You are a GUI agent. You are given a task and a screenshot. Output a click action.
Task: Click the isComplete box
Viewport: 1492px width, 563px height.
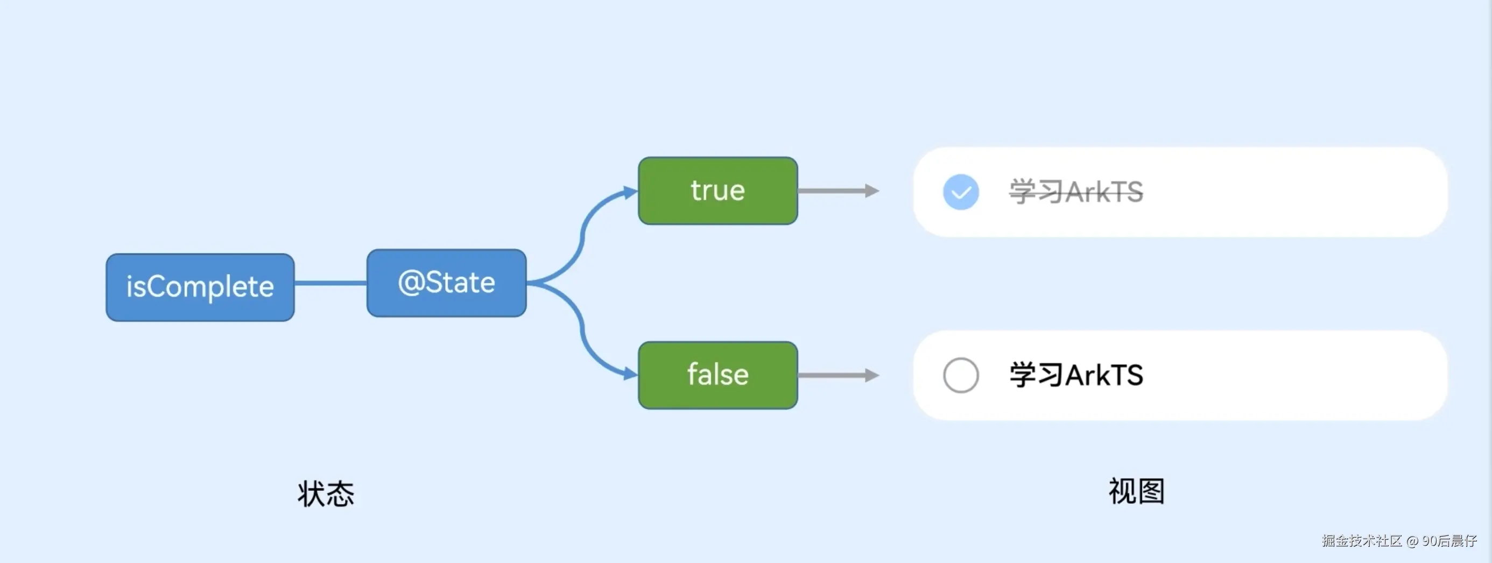tap(200, 287)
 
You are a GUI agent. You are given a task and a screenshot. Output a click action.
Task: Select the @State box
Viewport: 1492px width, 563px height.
tap(447, 283)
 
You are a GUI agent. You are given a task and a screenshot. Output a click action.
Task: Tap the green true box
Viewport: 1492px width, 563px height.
tap(717, 191)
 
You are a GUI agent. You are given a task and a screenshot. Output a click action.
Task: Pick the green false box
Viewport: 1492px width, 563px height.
tap(717, 375)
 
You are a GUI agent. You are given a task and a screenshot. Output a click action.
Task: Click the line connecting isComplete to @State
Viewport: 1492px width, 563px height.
tap(330, 283)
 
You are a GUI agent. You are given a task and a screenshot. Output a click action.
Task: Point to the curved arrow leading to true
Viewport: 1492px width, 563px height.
tap(581, 235)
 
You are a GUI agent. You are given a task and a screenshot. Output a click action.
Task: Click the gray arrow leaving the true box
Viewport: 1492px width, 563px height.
tap(839, 191)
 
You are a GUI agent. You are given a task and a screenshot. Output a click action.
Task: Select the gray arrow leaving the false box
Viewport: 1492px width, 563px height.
tap(839, 375)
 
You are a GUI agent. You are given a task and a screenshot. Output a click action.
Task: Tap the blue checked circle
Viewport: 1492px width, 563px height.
tap(961, 192)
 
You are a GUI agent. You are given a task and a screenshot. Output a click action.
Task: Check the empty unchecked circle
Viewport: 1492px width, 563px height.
tap(961, 375)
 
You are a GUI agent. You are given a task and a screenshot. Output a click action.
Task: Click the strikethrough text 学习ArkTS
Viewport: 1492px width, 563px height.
tap(1076, 192)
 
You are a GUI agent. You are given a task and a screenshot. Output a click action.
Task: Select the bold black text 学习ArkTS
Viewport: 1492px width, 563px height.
tap(1076, 375)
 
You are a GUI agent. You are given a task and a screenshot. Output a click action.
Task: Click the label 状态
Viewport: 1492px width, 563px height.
tap(326, 494)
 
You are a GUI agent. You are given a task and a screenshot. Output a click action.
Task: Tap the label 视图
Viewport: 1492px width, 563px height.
tap(1136, 491)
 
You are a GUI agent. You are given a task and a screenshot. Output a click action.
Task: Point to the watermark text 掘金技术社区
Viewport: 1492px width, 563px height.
tap(1362, 540)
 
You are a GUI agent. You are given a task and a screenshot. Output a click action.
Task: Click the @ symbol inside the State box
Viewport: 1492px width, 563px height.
tap(411, 283)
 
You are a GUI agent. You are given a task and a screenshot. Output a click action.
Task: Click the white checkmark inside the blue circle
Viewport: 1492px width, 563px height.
tap(961, 193)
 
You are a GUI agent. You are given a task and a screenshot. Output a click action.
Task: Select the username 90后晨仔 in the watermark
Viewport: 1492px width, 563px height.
tap(1449, 540)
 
